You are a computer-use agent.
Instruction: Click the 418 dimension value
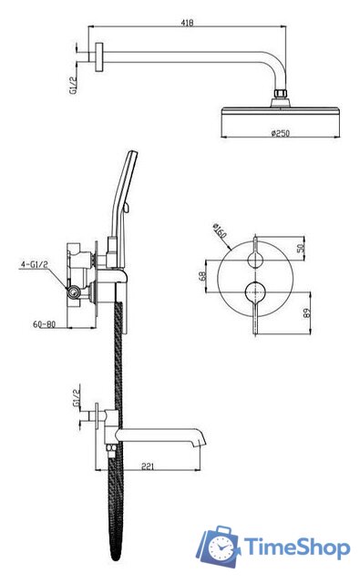[x=187, y=23]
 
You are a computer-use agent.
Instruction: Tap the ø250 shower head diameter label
[x=281, y=133]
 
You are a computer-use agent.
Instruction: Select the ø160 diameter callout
[x=220, y=231]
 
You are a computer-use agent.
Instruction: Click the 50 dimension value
[x=302, y=248]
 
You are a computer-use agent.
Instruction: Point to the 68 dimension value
[x=202, y=276]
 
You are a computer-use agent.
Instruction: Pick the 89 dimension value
[x=307, y=312]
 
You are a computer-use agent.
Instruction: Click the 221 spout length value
[x=148, y=466]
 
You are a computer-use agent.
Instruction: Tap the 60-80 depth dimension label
[x=44, y=324]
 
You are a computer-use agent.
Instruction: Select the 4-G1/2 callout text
[x=35, y=264]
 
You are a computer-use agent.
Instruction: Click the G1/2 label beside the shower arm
[x=73, y=86]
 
